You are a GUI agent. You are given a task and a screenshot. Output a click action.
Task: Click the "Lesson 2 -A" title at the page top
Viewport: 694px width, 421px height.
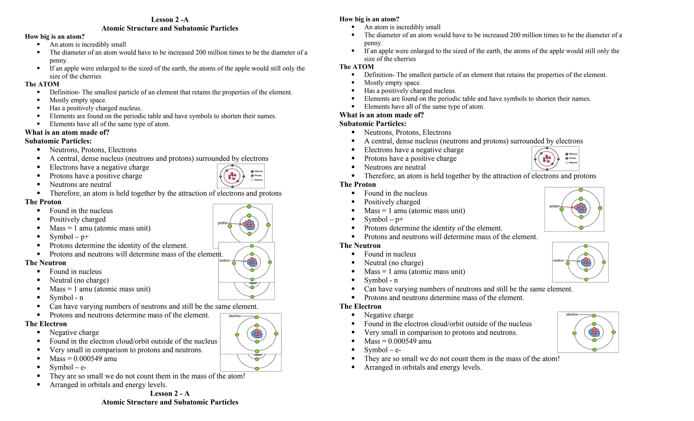tap(169, 20)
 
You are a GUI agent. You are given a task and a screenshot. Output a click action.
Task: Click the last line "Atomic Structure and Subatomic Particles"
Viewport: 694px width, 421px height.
tap(169, 402)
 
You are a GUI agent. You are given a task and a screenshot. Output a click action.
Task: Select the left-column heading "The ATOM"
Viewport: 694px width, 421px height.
tap(42, 84)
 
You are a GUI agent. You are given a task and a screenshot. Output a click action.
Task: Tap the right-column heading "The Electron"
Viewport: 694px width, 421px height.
tap(360, 307)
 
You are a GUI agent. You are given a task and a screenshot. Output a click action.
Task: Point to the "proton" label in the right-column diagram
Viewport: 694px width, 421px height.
tap(554, 206)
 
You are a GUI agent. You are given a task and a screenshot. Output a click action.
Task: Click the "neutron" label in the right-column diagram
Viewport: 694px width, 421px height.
tap(558, 260)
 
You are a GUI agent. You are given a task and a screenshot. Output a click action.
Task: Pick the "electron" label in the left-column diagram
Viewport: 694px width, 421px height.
tap(234, 316)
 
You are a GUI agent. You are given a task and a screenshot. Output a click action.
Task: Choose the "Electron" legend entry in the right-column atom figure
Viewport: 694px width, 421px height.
tap(573, 154)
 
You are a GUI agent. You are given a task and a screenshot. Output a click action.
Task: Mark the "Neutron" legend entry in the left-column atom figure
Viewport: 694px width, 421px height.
tap(259, 180)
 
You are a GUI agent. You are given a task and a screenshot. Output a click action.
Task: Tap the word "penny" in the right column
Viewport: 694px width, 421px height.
tap(373, 43)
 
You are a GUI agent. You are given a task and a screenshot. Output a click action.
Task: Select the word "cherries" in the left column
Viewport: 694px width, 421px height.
tap(89, 76)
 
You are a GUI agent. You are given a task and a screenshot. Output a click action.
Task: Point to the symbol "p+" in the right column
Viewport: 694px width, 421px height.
tap(399, 219)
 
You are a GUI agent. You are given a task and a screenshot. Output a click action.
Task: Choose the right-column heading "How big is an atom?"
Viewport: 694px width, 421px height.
tap(369, 19)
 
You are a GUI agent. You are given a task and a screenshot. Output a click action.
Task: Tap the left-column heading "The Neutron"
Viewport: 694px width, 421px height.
tap(45, 263)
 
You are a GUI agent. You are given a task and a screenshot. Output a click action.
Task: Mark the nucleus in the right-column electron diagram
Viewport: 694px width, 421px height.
tap(594, 332)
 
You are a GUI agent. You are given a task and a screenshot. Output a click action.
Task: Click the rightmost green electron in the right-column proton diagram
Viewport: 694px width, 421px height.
tap(600, 208)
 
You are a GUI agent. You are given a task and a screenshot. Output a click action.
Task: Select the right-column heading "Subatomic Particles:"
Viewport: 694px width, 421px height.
tap(372, 124)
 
